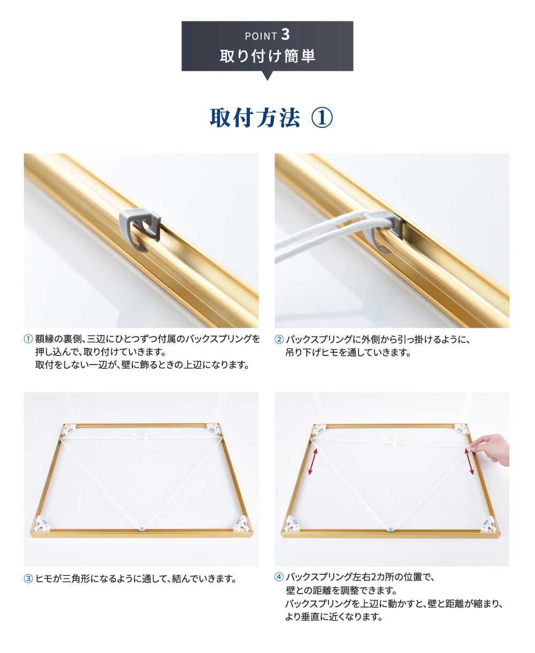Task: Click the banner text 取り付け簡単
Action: click(x=267, y=55)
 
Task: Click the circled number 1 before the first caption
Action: click(x=29, y=339)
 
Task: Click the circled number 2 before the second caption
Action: click(x=279, y=339)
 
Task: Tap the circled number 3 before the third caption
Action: click(x=29, y=579)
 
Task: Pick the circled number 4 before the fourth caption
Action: click(x=279, y=577)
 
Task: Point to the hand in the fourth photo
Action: click(x=492, y=449)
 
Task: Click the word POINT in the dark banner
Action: click(x=261, y=36)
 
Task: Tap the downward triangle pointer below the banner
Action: click(x=267, y=75)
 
